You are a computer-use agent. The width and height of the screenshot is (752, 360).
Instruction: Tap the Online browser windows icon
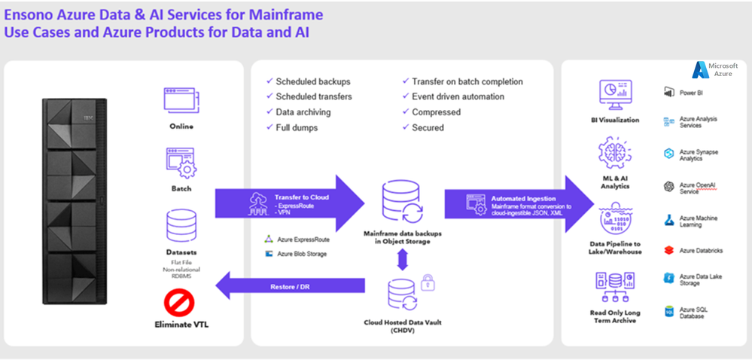tap(181, 100)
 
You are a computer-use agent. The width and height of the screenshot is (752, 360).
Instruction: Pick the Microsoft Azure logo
tap(715, 69)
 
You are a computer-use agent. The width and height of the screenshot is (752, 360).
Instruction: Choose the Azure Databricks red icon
tap(668, 249)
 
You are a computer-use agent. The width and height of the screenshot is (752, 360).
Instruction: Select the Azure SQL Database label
tap(693, 312)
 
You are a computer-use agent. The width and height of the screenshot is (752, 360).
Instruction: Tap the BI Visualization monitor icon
tap(615, 94)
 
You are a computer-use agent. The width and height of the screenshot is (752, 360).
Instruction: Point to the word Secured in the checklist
tap(428, 128)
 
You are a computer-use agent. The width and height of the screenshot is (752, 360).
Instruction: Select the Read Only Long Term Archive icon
tap(615, 287)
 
